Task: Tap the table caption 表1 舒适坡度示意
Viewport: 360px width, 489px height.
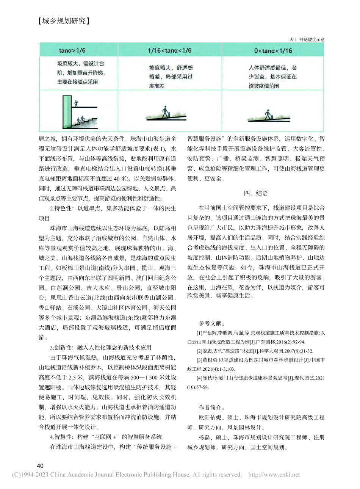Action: [x=307, y=39]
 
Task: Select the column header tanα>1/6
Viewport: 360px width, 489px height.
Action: [x=72, y=50]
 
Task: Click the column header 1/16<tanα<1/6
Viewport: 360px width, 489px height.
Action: [x=169, y=50]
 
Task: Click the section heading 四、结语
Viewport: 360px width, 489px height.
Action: [x=256, y=193]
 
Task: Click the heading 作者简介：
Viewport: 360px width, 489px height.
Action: [x=211, y=408]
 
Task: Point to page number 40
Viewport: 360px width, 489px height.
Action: [x=40, y=466]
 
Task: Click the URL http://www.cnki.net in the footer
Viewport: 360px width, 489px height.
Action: [x=274, y=475]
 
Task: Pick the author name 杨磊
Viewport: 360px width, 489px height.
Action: [x=204, y=437]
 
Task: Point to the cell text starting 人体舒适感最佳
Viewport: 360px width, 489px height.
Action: [x=272, y=68]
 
